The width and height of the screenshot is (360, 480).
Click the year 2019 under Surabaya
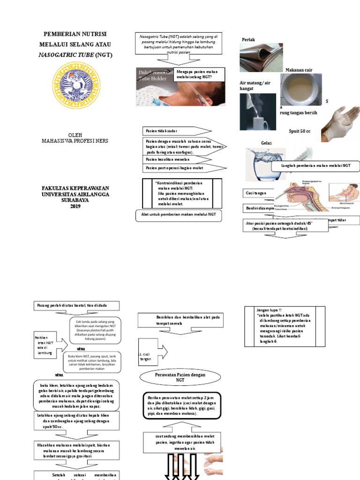click(x=75, y=206)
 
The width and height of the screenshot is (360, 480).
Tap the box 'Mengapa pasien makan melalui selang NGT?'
click(x=199, y=75)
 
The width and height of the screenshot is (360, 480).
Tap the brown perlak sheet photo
click(x=261, y=58)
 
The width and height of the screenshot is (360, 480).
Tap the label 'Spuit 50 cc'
click(x=300, y=131)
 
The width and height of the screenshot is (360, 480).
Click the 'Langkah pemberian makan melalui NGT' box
click(x=315, y=166)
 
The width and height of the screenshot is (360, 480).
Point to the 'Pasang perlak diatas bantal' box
click(x=76, y=306)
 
